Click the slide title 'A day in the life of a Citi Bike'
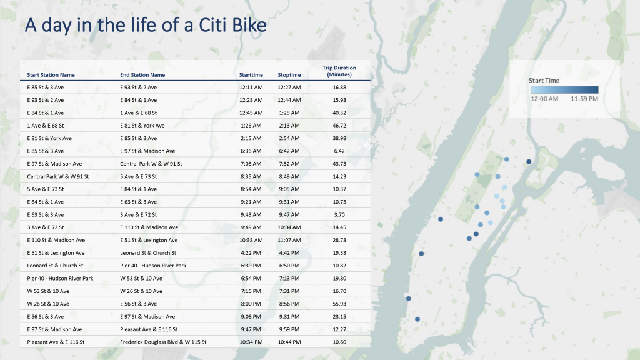pos(145,26)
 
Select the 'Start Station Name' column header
pos(51,75)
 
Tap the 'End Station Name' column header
pos(142,75)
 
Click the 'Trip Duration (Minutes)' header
pos(339,71)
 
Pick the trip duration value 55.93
pos(339,304)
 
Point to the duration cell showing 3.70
pos(339,214)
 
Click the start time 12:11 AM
pos(251,87)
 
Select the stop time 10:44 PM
pos(289,342)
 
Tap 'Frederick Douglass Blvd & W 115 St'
pos(163,342)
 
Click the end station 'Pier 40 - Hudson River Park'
pos(153,266)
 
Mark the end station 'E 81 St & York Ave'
pos(142,125)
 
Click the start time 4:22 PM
pos(251,253)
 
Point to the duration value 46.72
pos(339,125)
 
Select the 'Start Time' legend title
pos(544,81)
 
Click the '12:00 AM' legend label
pos(544,99)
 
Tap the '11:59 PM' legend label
pos(584,99)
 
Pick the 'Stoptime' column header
pos(289,75)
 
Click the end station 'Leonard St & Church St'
pos(148,253)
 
